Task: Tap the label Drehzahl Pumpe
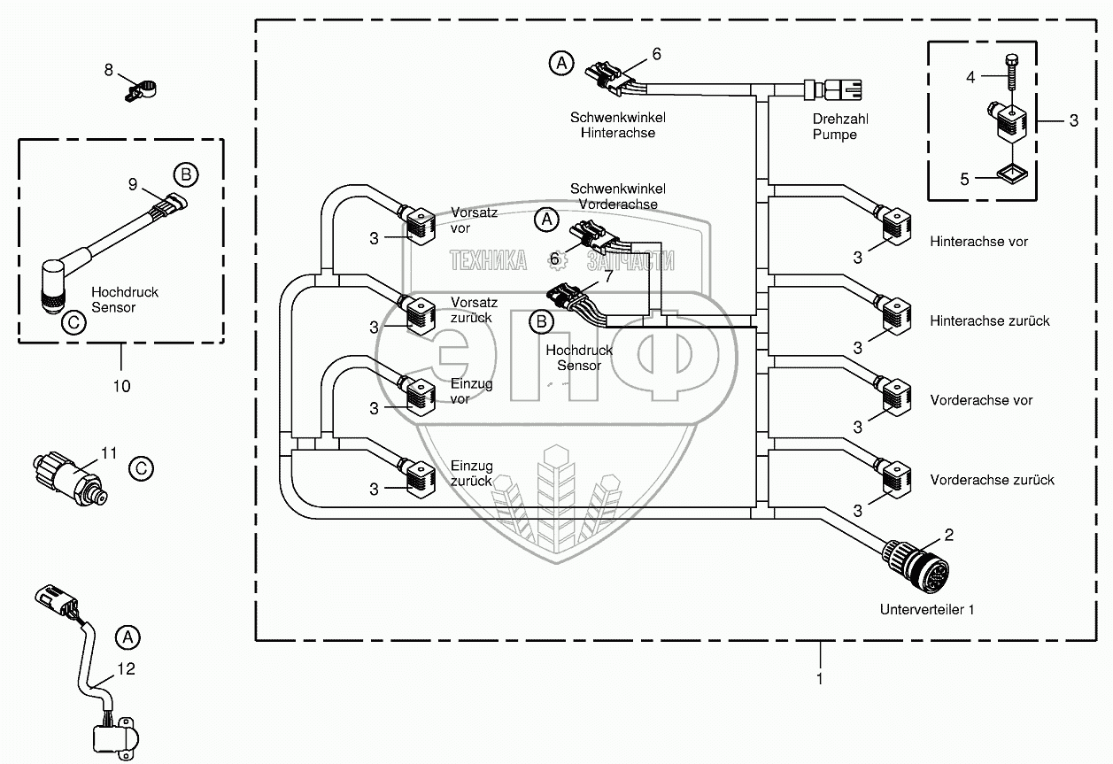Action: point(835,126)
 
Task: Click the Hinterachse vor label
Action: point(979,241)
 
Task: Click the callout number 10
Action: point(121,386)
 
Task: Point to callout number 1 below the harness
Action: point(820,679)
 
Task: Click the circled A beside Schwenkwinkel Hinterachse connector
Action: point(560,63)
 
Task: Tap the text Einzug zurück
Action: point(472,474)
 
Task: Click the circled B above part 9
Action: point(183,174)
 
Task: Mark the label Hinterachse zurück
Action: point(990,320)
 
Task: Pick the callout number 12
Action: point(127,669)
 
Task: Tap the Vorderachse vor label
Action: point(982,400)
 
